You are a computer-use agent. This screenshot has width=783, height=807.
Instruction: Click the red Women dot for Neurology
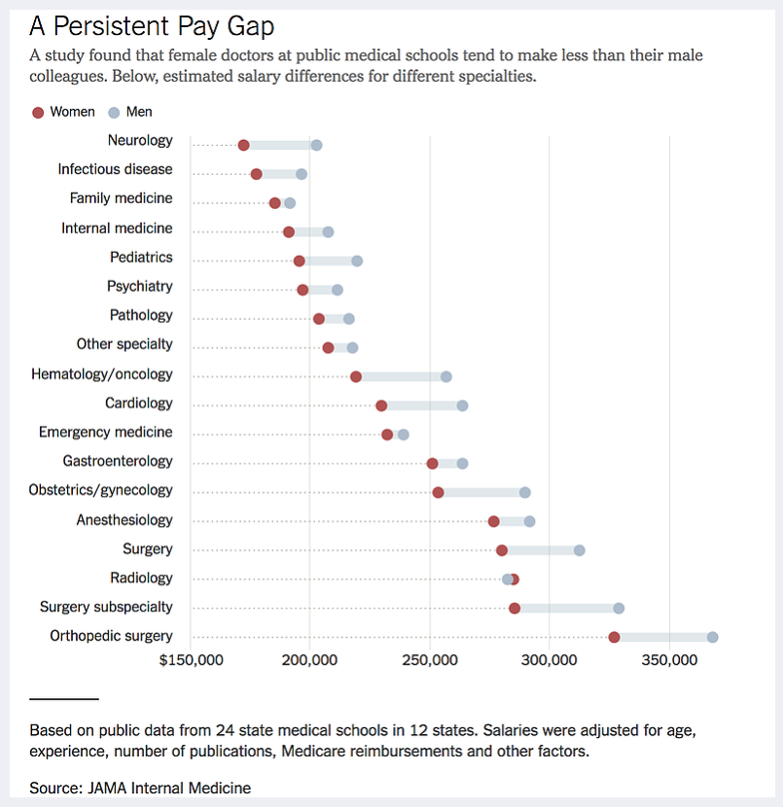click(x=243, y=145)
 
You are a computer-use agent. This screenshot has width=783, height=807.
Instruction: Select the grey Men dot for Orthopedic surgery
click(x=712, y=637)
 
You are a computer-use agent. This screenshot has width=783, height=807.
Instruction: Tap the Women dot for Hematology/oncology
click(x=356, y=376)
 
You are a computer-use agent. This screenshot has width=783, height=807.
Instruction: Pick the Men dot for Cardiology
click(x=462, y=405)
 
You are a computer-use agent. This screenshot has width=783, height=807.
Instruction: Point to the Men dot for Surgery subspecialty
click(x=619, y=608)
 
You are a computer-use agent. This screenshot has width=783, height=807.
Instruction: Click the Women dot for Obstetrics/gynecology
click(x=439, y=492)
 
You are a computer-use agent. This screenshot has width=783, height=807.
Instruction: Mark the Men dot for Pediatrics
click(x=357, y=261)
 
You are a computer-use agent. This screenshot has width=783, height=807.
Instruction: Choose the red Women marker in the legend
click(x=38, y=112)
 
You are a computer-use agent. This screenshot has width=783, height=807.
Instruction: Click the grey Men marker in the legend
click(x=114, y=112)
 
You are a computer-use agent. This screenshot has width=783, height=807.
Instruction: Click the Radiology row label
click(x=141, y=578)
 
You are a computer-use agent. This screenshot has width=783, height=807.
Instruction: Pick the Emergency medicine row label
click(x=105, y=432)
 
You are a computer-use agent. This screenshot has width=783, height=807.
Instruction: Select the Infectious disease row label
click(x=115, y=169)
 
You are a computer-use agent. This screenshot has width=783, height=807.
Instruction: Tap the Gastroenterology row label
click(x=118, y=461)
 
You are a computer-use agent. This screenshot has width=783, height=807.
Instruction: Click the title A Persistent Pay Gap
click(x=152, y=25)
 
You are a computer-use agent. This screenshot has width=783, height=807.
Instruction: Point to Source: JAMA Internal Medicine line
click(x=140, y=788)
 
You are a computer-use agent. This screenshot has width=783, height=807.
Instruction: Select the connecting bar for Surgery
click(x=541, y=550)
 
